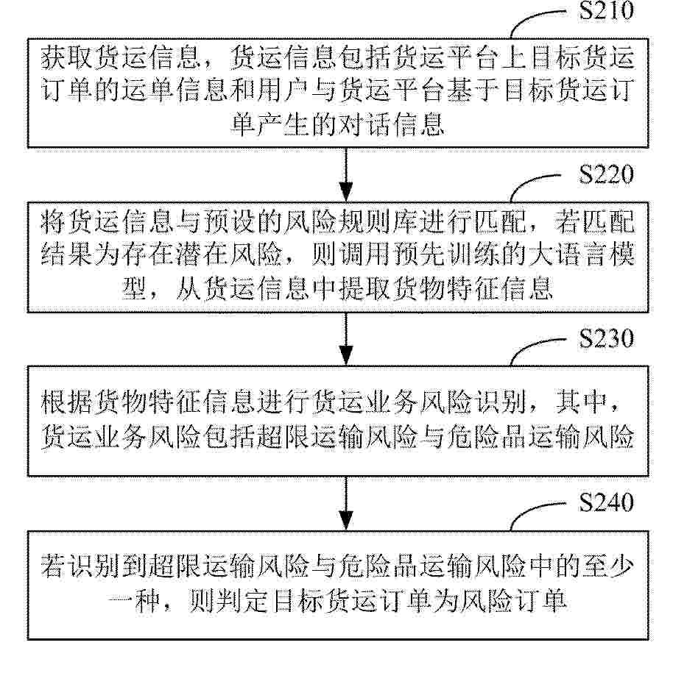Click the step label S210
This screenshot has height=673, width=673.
pyautogui.click(x=606, y=10)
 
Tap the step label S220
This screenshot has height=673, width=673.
pyautogui.click(x=606, y=174)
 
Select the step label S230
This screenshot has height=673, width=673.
pyautogui.click(x=606, y=338)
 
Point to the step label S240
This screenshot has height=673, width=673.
pyautogui.click(x=606, y=502)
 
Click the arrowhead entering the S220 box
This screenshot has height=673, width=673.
pyautogui.click(x=346, y=192)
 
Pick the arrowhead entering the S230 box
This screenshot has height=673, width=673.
pyautogui.click(x=346, y=355)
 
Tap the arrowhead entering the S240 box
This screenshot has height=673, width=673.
pyautogui.click(x=346, y=520)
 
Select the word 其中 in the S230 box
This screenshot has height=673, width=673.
pyautogui.click(x=581, y=402)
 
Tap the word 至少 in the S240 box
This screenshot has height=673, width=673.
pyautogui.click(x=607, y=566)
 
